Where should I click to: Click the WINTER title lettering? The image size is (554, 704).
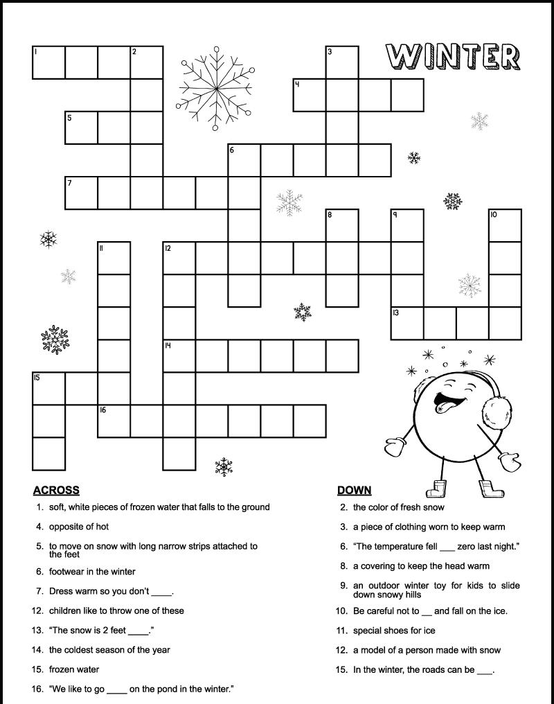[453, 58]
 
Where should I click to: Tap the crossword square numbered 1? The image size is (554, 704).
[48, 62]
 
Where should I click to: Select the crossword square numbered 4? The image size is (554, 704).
[310, 95]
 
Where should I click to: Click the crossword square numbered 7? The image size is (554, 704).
[81, 193]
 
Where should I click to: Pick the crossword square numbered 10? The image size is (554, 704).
[505, 225]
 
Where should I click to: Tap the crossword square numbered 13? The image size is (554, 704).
[407, 323]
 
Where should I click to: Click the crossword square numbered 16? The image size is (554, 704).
[114, 421]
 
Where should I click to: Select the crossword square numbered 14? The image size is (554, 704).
[179, 355]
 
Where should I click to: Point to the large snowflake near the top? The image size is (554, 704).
[215, 88]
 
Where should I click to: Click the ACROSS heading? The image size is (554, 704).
[56, 491]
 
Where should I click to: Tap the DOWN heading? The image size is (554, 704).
[354, 491]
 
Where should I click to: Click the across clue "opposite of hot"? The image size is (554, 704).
[79, 527]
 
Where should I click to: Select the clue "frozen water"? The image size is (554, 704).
[74, 669]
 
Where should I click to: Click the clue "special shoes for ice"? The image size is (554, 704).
[394, 631]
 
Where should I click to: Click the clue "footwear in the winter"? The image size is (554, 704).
[92, 572]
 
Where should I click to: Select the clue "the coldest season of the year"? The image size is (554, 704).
[109, 650]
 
